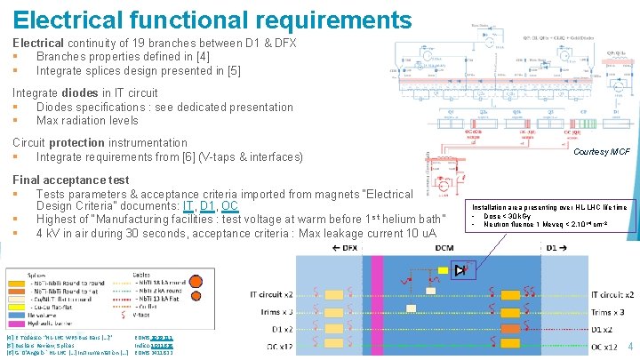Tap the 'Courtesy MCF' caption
(602, 153)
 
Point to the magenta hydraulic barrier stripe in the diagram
(377, 302)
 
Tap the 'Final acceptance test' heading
(70, 180)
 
